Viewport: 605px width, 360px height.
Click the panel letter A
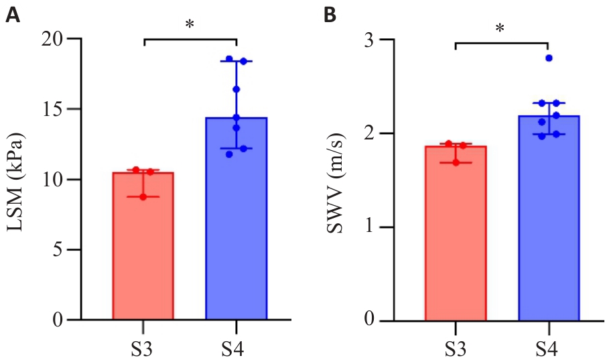(12, 15)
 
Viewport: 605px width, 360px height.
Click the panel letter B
(330, 15)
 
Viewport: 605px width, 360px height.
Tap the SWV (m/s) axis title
(334, 180)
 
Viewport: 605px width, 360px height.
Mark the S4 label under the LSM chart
(236, 349)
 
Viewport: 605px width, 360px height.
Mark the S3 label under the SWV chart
(455, 349)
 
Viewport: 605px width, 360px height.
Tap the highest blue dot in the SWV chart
(549, 58)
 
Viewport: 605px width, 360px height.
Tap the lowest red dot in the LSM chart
(143, 196)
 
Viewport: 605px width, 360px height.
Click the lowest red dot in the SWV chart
(456, 162)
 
